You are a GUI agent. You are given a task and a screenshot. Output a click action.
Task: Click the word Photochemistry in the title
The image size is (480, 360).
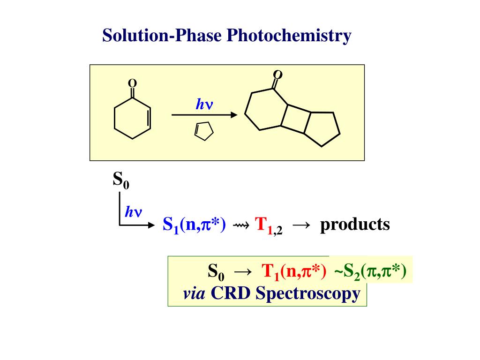pos(289,36)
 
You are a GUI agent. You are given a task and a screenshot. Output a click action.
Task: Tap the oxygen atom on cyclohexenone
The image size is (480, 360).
pos(133,83)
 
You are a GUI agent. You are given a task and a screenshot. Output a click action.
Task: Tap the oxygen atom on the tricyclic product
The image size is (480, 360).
pos(278,75)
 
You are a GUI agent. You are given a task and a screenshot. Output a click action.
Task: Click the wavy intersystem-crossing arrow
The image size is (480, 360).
pos(241,225)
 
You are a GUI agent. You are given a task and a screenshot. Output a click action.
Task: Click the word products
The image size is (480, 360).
pos(355,225)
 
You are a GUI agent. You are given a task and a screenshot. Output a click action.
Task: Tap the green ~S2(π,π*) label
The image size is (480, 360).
pos(370,271)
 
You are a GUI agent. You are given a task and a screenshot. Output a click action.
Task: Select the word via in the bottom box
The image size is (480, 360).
pos(194,294)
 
